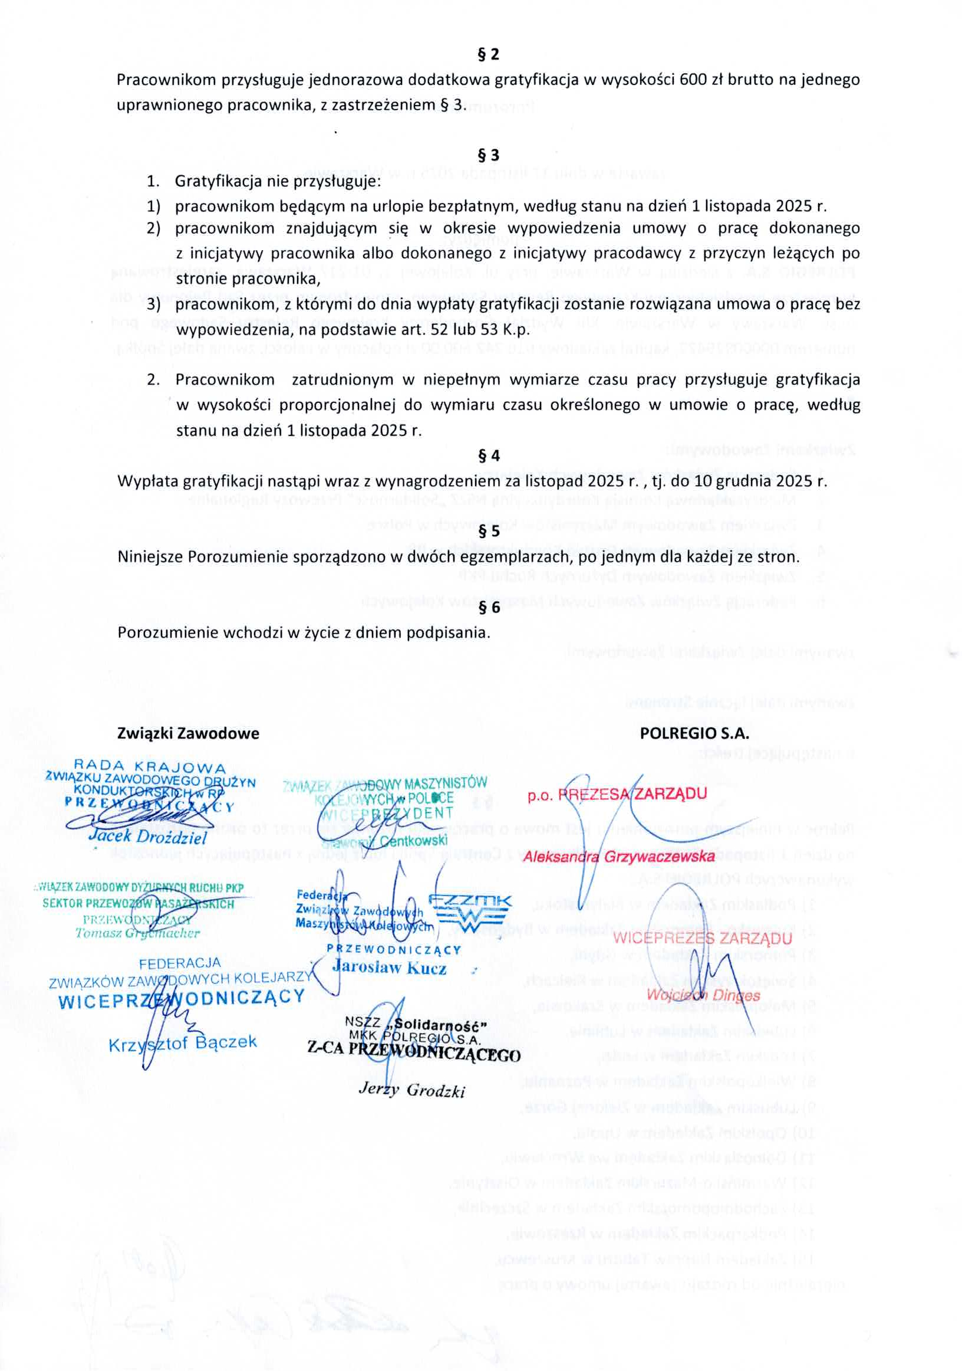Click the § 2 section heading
[x=488, y=55]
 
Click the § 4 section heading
[x=489, y=456]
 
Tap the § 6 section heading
[x=489, y=607]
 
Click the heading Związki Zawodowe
[x=188, y=733]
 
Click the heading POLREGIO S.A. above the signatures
[x=694, y=733]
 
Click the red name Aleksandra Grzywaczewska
[x=618, y=858]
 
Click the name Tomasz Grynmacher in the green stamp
[x=137, y=933]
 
